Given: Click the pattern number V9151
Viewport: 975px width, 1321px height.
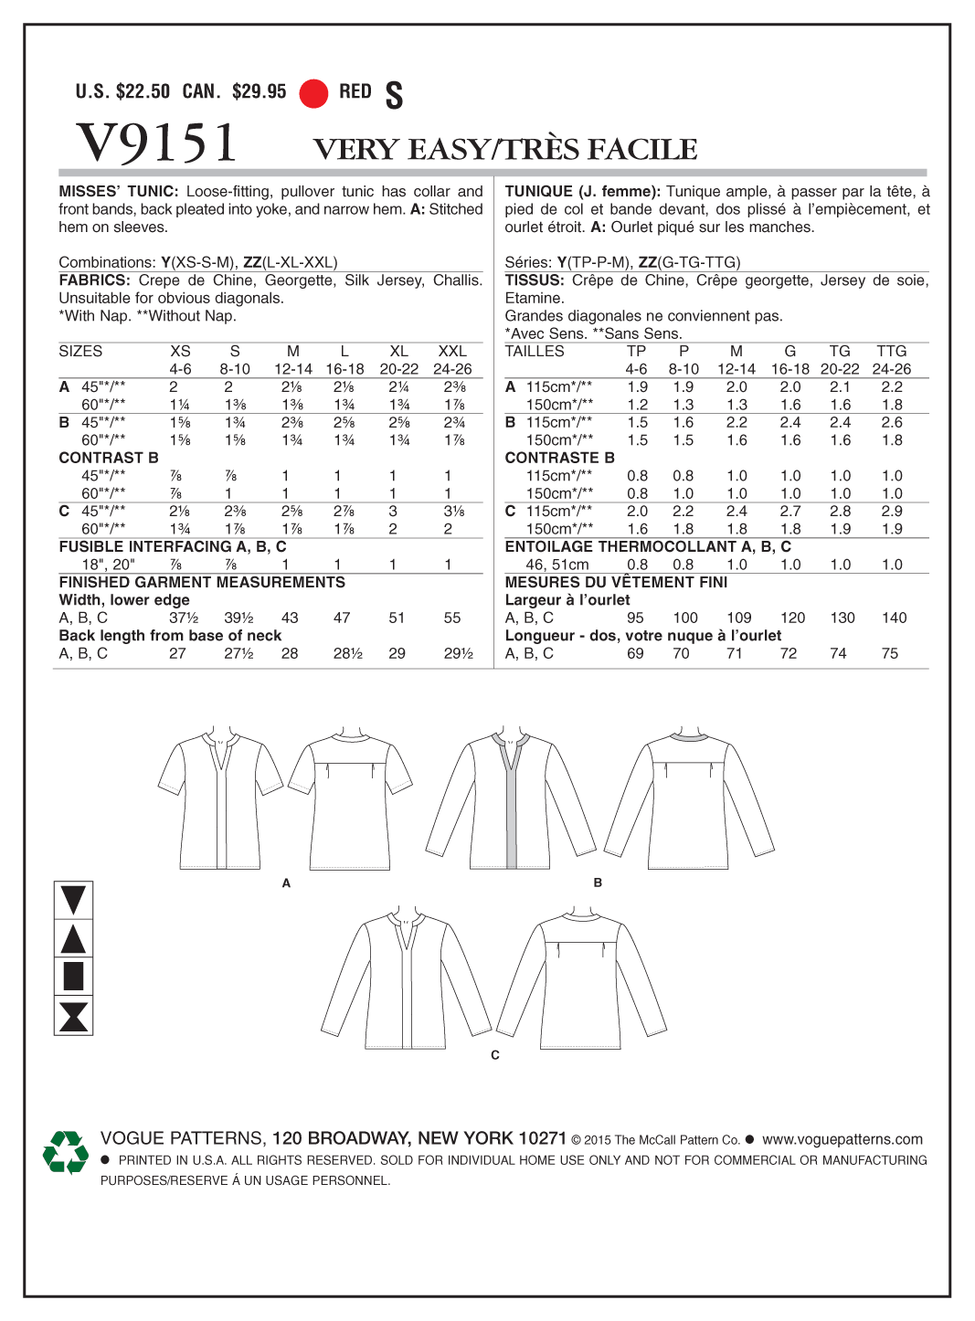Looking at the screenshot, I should click(156, 143).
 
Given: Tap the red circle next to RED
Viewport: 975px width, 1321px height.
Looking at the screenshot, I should click(313, 93).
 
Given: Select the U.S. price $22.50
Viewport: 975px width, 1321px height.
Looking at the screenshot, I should click(143, 91).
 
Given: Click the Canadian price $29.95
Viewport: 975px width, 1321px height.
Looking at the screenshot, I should click(259, 91).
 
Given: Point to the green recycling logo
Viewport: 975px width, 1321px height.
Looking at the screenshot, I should click(66, 1152).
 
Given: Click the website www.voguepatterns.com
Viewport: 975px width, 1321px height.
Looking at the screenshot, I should click(842, 1139).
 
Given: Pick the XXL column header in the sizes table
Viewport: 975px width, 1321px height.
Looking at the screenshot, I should click(452, 352).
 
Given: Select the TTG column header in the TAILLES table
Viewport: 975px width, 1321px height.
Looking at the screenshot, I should click(891, 352).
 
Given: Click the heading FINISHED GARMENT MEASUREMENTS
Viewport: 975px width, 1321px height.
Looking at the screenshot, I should click(202, 583).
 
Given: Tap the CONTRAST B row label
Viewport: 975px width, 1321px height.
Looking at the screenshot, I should click(109, 458).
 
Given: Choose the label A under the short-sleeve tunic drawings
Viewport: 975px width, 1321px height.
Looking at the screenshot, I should click(286, 883).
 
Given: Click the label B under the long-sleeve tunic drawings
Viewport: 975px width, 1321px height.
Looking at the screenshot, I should click(598, 883).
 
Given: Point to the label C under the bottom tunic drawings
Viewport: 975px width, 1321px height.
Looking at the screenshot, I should click(495, 1055).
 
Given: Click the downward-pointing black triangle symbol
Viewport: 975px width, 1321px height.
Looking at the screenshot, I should click(73, 900).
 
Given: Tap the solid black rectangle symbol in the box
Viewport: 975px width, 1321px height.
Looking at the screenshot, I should click(73, 976).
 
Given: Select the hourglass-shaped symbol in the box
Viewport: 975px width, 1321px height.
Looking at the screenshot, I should click(73, 1016).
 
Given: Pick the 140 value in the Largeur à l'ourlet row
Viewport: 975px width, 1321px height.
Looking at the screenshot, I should click(894, 618).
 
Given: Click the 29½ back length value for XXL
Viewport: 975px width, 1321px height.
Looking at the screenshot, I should click(458, 654).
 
